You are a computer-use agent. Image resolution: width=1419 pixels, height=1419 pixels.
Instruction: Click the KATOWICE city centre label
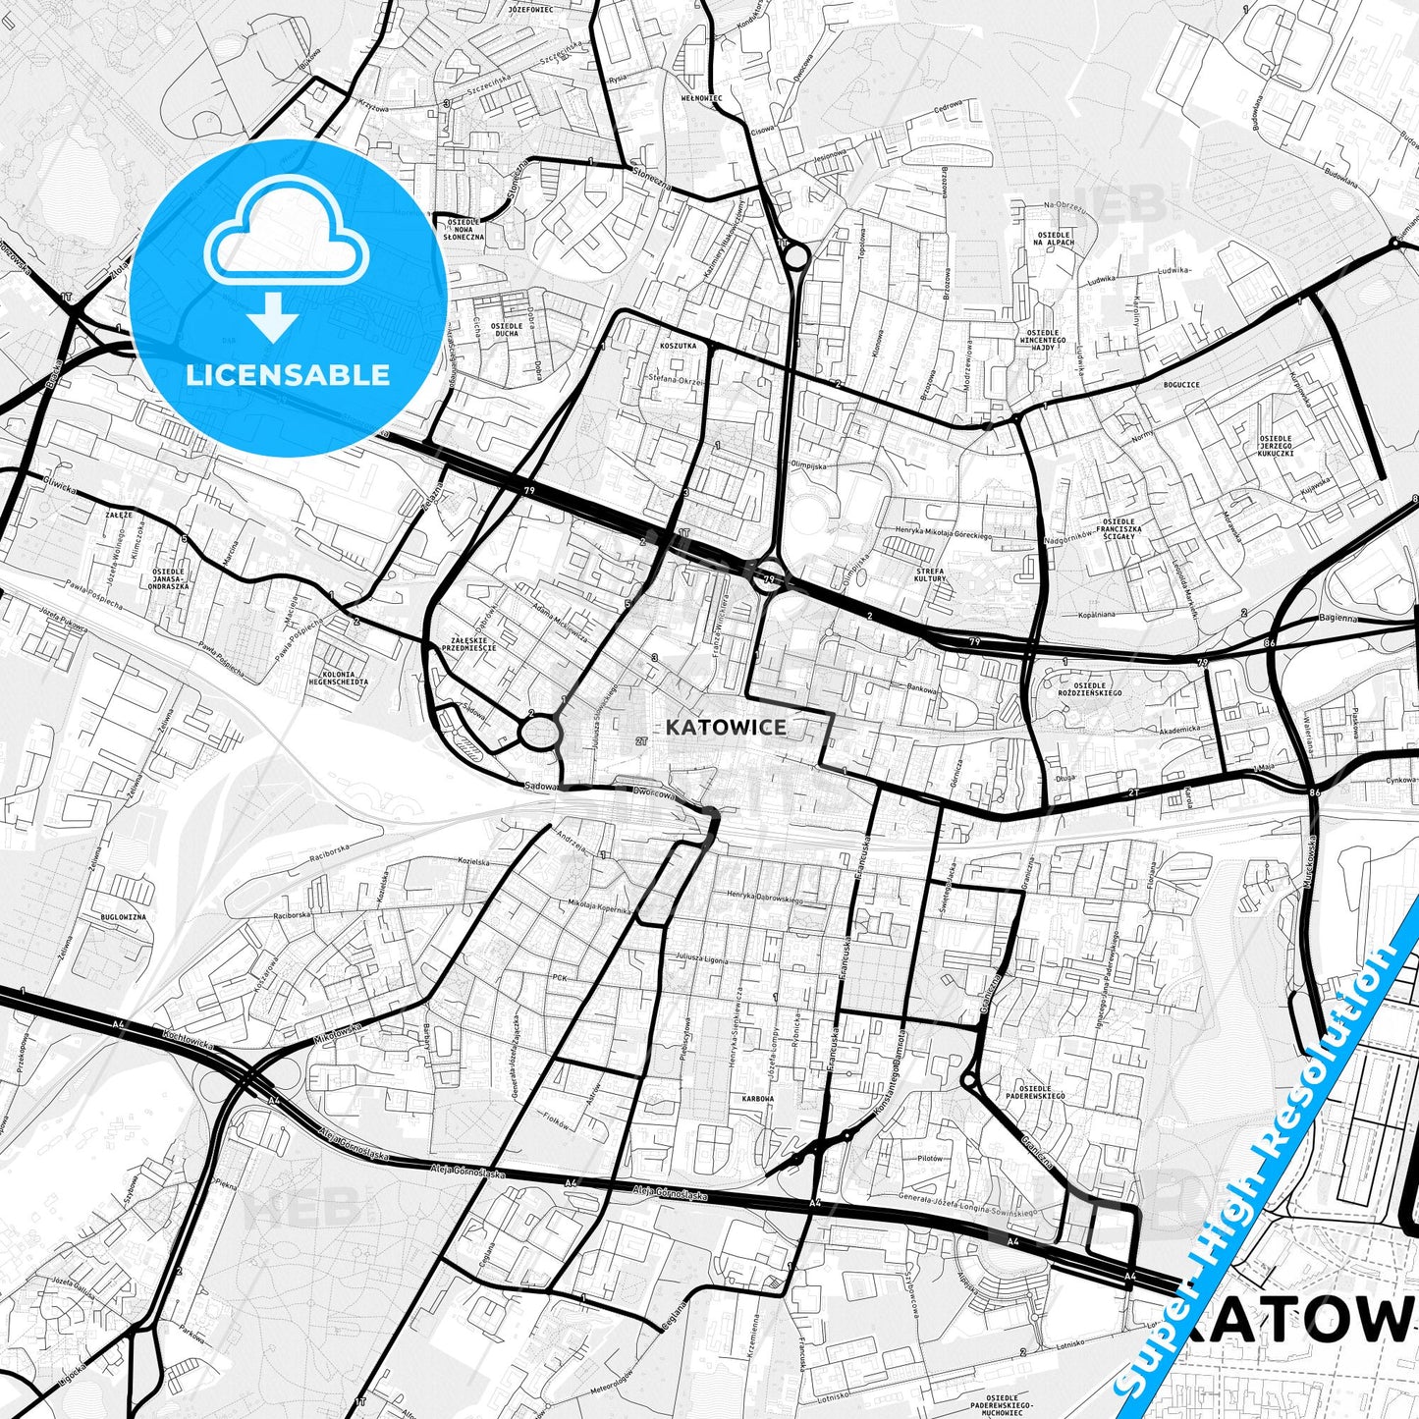725,727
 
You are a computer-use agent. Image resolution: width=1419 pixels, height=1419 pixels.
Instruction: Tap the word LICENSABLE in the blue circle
288,374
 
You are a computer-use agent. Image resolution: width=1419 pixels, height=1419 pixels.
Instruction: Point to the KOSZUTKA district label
679,346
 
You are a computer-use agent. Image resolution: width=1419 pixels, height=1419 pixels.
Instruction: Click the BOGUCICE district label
1180,385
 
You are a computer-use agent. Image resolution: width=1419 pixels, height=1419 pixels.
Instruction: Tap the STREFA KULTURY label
929,574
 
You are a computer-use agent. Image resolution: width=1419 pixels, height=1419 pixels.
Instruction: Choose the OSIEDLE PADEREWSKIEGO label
1035,1092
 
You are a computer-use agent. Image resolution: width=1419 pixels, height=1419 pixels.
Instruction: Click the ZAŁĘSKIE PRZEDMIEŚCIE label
468,643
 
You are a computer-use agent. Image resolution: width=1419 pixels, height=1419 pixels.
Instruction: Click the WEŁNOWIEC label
701,98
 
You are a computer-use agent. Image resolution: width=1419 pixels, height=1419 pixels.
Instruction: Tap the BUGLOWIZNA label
124,916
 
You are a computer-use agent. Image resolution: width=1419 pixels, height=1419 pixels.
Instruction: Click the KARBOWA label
758,1099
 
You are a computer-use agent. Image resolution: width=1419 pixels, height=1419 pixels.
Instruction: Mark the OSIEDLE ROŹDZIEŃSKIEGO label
1090,689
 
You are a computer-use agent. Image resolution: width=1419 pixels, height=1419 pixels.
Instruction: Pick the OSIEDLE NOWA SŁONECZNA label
464,228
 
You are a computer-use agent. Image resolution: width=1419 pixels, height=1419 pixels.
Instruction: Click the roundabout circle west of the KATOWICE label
539,732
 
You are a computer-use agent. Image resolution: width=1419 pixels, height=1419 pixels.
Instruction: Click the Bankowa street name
923,688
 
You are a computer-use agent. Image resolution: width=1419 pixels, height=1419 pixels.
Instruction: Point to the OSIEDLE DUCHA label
506,329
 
